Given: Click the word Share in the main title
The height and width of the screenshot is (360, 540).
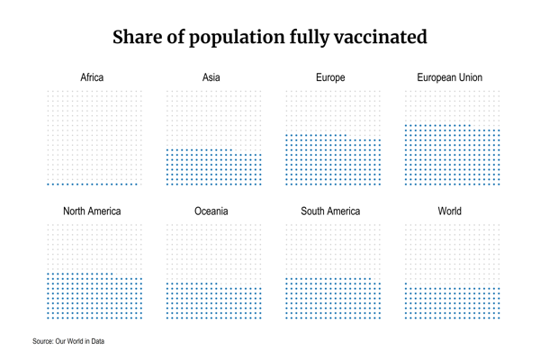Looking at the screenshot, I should (x=138, y=38).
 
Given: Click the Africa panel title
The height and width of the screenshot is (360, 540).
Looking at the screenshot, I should (x=92, y=77).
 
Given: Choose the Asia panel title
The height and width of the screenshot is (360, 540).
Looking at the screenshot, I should (x=211, y=77).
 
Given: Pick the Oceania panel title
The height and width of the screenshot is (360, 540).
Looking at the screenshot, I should (x=211, y=211).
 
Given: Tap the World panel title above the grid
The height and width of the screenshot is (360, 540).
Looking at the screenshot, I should (x=450, y=211).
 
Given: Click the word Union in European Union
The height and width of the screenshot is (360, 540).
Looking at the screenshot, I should (x=465, y=77).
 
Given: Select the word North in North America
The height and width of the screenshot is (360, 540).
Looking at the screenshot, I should (x=77, y=211).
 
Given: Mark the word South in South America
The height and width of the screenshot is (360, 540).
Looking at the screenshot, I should (x=316, y=211).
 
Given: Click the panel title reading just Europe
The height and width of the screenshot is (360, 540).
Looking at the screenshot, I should (x=330, y=77).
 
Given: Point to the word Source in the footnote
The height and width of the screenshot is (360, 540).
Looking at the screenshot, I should (x=43, y=341).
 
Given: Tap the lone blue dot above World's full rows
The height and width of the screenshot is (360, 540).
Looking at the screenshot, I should (x=406, y=283).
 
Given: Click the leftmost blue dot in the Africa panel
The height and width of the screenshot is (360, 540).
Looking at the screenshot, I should (x=48, y=184).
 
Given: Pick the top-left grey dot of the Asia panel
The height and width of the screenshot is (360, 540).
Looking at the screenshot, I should (x=167, y=91).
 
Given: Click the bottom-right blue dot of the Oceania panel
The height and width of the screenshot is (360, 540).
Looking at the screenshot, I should (x=261, y=318).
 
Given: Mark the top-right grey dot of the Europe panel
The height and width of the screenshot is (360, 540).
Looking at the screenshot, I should (x=380, y=91).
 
